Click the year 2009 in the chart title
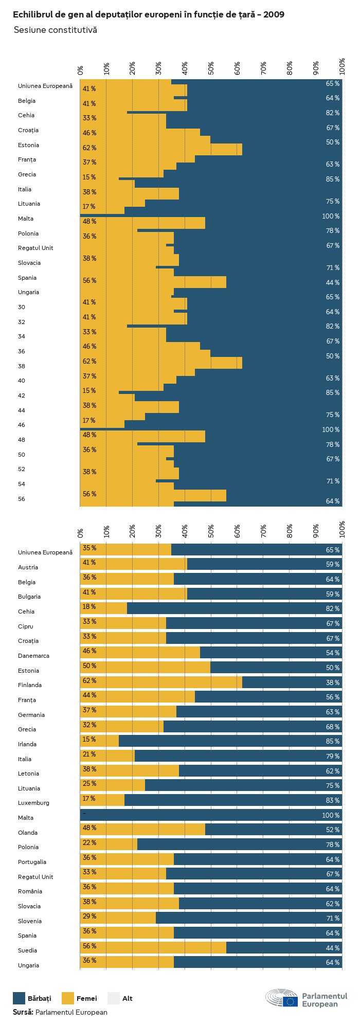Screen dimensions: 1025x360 click(274, 15)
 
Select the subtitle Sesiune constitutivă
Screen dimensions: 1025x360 click(55, 30)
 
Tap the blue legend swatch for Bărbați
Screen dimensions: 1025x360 click(19, 998)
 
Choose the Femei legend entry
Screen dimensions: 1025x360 click(86, 998)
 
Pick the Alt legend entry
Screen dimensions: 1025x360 click(127, 998)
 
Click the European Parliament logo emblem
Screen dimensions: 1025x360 click(282, 998)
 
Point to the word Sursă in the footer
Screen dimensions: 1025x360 click(23, 1012)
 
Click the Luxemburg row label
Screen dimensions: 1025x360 click(33, 803)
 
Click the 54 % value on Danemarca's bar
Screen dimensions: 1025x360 click(332, 653)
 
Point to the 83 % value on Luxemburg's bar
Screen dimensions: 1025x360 click(332, 800)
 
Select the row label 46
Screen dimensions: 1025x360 click(22, 425)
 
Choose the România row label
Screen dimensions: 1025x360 click(30, 891)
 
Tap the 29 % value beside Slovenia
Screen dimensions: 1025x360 click(89, 916)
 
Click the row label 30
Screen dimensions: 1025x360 click(22, 307)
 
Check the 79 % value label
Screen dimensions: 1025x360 click(332, 756)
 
